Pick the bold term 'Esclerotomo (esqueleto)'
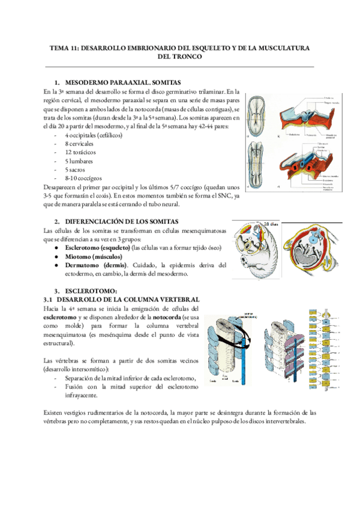[x=98, y=247]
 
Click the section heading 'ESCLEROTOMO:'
[x=94, y=291]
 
